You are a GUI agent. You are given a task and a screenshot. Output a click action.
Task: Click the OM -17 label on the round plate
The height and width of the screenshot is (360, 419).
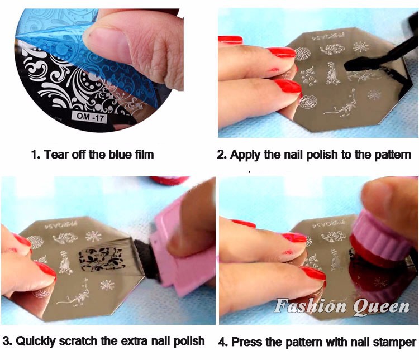coord(89,117)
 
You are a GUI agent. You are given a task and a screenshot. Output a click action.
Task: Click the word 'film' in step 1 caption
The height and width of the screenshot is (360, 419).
coord(145,155)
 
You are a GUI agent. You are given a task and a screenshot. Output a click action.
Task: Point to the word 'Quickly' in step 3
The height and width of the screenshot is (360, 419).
coord(36,342)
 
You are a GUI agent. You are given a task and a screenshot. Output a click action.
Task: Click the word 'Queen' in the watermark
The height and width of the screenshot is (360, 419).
coord(382,306)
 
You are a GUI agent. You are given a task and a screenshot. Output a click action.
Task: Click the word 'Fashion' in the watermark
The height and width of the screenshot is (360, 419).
coord(310,305)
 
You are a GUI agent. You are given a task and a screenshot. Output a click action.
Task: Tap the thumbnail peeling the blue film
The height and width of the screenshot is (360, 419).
coord(104,40)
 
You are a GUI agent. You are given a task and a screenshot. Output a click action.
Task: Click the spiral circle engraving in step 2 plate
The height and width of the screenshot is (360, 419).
coord(308,102)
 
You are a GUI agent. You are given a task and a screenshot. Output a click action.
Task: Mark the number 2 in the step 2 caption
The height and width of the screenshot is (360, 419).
coord(221,155)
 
